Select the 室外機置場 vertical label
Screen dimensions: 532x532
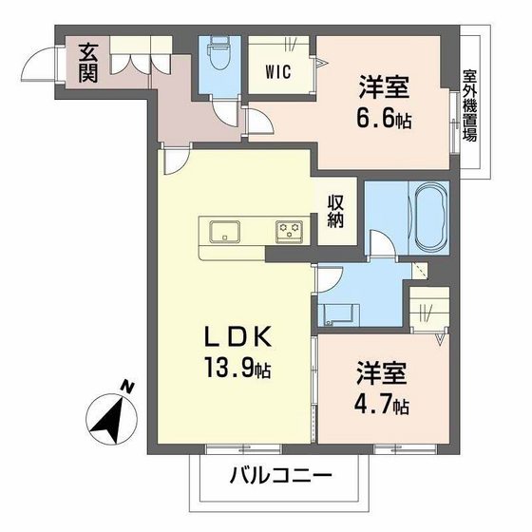pyautogui.click(x=469, y=104)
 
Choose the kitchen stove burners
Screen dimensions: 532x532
pyautogui.click(x=289, y=230)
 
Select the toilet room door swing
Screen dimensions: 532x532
pyautogui.click(x=225, y=112)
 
